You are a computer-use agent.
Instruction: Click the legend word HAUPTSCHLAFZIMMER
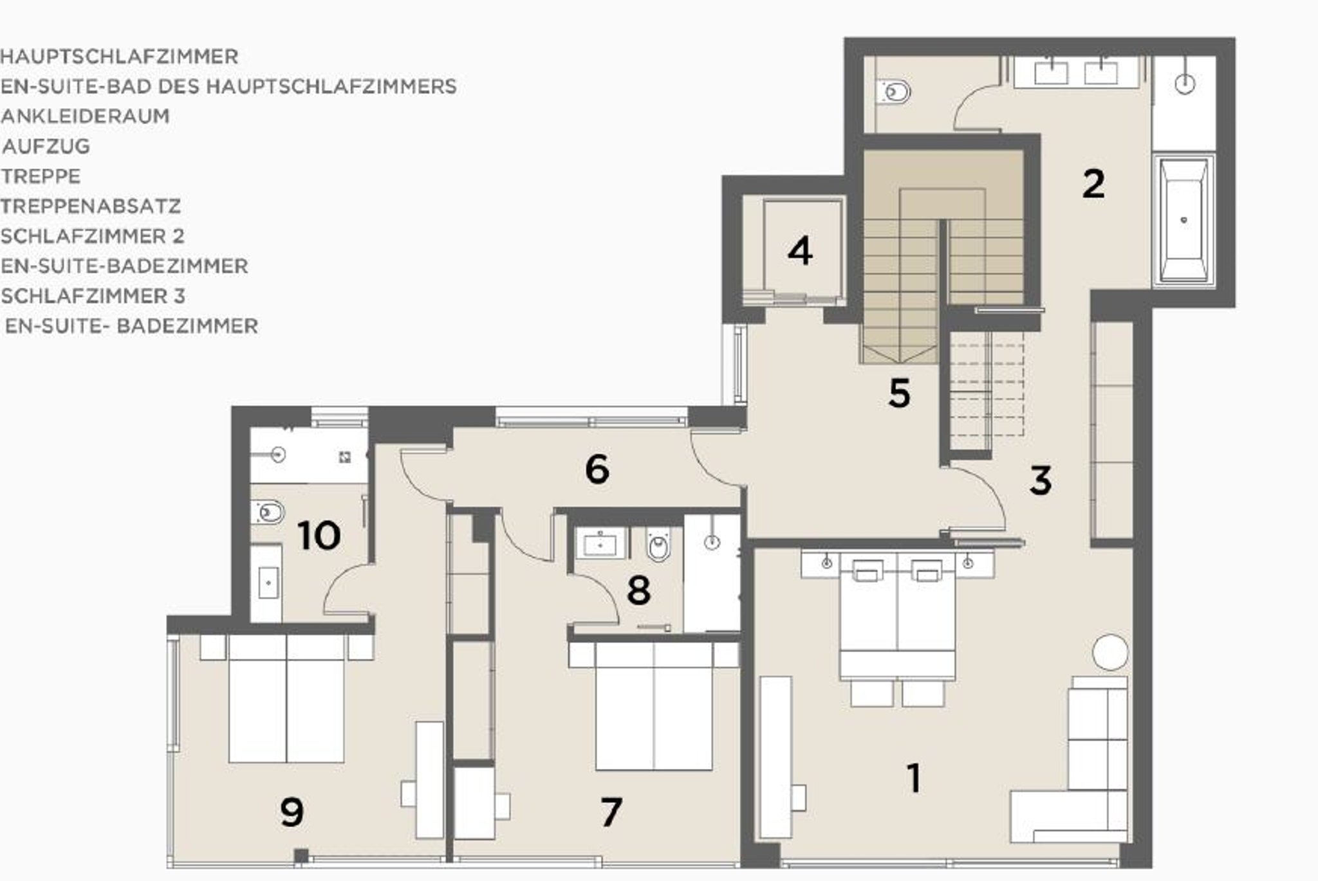[119, 57]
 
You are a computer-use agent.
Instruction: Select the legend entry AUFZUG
[46, 146]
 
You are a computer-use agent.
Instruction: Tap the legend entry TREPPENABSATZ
[91, 206]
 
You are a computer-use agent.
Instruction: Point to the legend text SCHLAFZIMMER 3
[93, 296]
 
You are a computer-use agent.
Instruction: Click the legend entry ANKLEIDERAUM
[86, 116]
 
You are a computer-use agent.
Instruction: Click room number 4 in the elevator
[800, 251]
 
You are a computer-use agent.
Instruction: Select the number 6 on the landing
[597, 469]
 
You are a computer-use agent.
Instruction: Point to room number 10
[319, 535]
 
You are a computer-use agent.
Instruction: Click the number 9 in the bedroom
[292, 812]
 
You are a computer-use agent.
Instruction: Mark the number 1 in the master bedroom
[914, 777]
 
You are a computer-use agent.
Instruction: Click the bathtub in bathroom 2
[1183, 220]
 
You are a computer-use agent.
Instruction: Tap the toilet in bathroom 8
[658, 547]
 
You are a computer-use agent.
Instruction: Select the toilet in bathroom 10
[267, 513]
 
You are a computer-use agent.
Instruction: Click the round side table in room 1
[1110, 652]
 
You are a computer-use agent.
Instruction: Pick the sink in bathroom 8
[600, 544]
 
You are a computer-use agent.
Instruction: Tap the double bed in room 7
[654, 706]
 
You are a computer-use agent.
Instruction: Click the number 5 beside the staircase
[899, 393]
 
